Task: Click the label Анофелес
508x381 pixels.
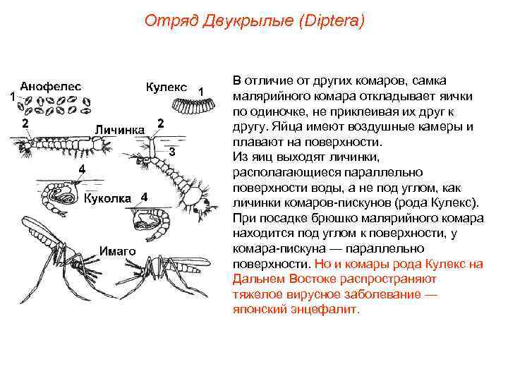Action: tap(50, 86)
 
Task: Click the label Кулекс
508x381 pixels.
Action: tap(167, 87)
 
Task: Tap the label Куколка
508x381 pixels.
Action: tap(107, 198)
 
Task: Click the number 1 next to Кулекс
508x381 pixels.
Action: tap(201, 90)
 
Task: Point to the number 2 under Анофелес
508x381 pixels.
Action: tap(25, 123)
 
